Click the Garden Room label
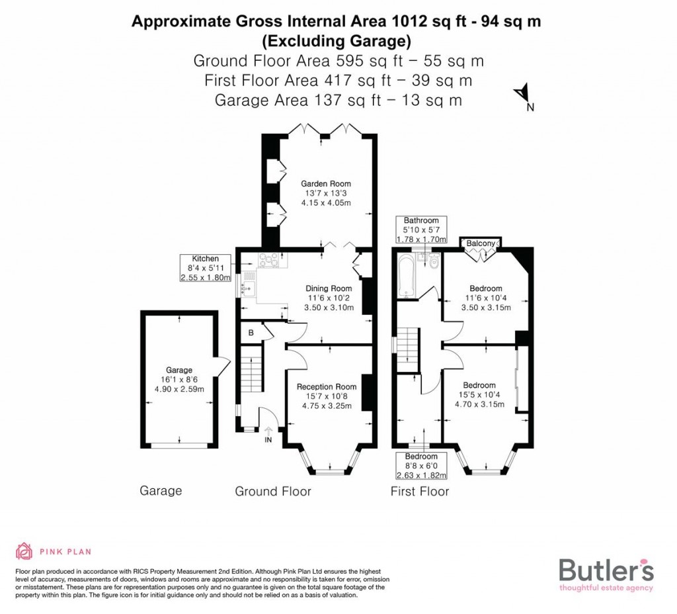tap(326, 184)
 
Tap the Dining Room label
tap(329, 288)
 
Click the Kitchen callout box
tap(206, 267)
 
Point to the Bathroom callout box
tap(421, 230)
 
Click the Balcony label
tap(480, 244)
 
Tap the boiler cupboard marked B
tap(251, 333)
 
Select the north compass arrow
tap(522, 93)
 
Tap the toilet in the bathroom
tap(434, 263)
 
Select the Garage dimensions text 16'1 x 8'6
tap(179, 380)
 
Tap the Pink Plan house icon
tap(24, 550)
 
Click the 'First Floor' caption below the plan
tap(419, 491)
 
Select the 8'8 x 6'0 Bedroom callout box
tap(421, 466)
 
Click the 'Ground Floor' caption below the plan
tap(273, 491)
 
